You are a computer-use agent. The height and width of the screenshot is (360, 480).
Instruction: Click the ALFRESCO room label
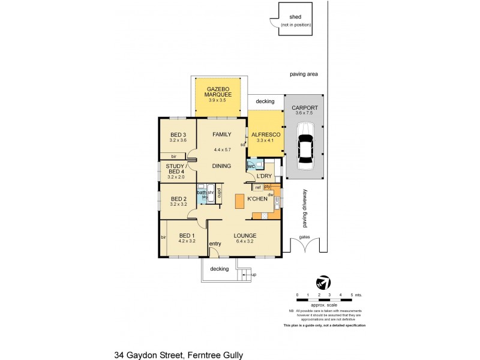262,135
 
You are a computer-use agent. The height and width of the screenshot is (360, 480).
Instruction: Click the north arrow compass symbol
322,281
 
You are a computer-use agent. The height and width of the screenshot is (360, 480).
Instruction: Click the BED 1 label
187,235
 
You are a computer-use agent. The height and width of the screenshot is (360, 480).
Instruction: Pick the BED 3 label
178,135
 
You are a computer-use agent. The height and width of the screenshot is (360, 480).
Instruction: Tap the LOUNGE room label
245,235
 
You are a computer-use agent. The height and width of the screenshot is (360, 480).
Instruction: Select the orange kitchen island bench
239,202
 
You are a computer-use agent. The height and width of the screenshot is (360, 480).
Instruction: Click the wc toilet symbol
251,166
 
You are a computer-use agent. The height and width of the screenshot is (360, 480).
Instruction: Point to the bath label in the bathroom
201,192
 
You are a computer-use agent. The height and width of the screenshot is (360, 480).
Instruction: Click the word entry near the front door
215,243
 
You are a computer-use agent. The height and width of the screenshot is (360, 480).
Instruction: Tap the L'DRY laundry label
264,176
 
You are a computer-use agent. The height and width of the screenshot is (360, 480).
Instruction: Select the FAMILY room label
222,135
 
